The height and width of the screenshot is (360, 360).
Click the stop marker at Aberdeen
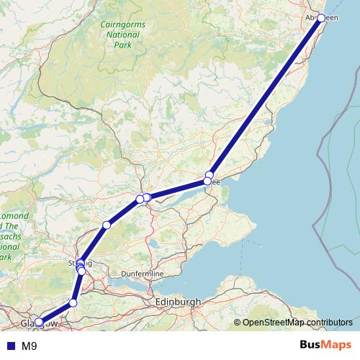321,17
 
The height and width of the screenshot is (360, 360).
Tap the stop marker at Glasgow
39,323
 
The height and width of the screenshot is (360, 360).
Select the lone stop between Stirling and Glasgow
73,303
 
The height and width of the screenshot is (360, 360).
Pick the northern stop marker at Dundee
210,175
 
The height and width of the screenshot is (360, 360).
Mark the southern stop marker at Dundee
207,181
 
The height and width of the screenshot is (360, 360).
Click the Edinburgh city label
177,302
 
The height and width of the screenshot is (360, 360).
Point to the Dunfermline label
165,274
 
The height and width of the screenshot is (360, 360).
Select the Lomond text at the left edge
14,216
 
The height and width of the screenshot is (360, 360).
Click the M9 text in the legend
30,346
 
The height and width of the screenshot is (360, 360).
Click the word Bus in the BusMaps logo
310,346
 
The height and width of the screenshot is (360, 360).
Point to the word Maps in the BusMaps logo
336,346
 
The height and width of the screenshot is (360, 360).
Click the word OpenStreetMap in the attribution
274,323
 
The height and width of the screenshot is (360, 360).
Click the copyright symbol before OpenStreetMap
238,323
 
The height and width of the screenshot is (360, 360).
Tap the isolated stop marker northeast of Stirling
107,225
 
